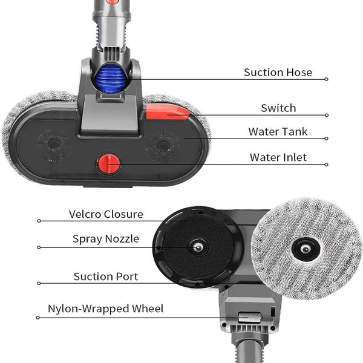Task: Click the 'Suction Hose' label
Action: (x=278, y=73)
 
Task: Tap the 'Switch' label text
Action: (x=278, y=108)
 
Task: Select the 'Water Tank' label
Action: (x=278, y=131)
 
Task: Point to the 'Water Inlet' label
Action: (x=278, y=157)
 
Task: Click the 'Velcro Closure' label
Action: (x=106, y=214)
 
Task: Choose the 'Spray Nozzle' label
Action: (x=106, y=239)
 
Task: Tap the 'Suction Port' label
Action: (x=106, y=276)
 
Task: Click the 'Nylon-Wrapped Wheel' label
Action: (x=106, y=309)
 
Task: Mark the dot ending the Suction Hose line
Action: (x=327, y=79)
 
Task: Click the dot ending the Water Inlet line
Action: (x=327, y=164)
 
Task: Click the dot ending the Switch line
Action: (x=327, y=115)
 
